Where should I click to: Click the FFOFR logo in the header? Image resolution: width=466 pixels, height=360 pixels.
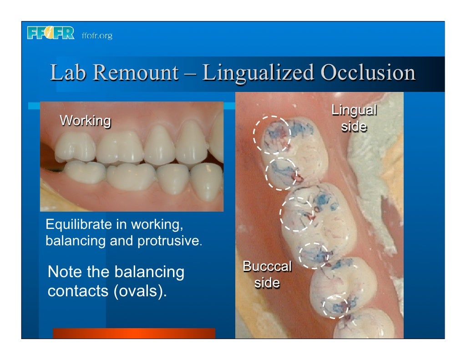(50, 34)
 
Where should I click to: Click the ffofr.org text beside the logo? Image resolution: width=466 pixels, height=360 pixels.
(97, 35)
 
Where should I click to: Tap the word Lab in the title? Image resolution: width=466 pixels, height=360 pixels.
(66, 73)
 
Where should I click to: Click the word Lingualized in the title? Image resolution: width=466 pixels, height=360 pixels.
(258, 73)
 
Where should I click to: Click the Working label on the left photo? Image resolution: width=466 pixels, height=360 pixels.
(85, 121)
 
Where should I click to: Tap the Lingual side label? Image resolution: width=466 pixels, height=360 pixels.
(354, 118)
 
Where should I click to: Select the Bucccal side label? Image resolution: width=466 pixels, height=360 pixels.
(267, 274)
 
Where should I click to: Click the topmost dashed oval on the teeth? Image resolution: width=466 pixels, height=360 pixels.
(272, 134)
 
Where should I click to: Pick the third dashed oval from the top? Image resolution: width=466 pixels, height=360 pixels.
(296, 213)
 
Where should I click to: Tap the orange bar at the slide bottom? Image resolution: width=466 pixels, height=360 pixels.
(134, 333)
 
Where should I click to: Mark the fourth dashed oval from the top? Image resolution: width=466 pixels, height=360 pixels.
(314, 255)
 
